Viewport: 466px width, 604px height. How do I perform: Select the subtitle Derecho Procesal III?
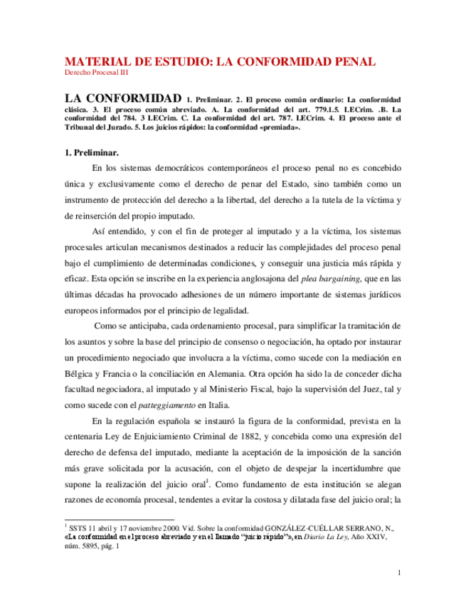click(96, 73)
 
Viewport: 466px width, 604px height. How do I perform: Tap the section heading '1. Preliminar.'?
click(92, 152)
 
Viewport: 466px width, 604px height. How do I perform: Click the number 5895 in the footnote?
click(94, 548)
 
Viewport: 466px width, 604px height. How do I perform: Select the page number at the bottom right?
click(400, 573)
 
